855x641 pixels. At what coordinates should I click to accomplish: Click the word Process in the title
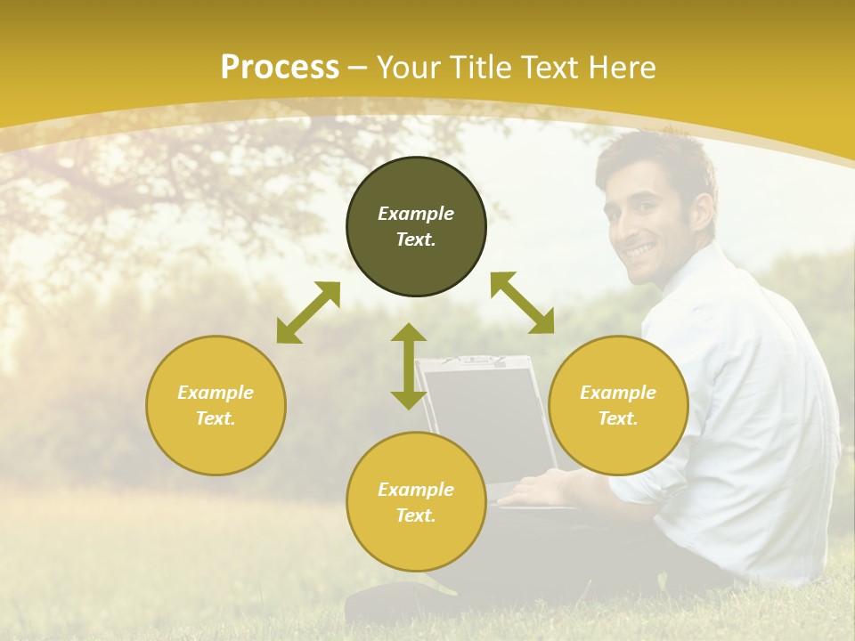point(280,68)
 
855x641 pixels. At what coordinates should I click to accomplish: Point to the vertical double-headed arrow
point(409,366)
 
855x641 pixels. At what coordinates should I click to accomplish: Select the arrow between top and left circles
point(308,312)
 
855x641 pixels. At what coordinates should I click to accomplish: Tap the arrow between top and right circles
point(523,303)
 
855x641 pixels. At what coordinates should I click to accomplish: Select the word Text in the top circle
point(416,239)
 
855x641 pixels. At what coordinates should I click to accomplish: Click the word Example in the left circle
point(216,393)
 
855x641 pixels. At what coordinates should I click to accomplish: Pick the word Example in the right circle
point(618,393)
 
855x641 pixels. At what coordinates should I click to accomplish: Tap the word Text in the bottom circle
point(416,515)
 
